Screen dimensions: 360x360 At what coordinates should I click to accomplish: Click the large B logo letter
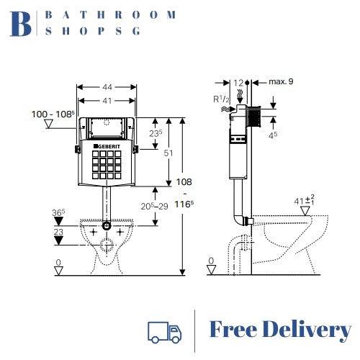[x=22, y=23]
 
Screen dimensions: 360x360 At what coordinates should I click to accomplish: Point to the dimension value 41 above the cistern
[x=106, y=99]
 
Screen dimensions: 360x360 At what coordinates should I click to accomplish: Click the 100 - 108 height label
[x=53, y=114]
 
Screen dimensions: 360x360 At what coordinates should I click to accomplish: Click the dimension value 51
[x=168, y=153]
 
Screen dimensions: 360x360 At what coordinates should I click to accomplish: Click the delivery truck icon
[x=164, y=330]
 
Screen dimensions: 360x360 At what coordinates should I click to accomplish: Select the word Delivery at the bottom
[x=305, y=330]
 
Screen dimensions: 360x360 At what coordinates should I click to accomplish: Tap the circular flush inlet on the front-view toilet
[x=107, y=226]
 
